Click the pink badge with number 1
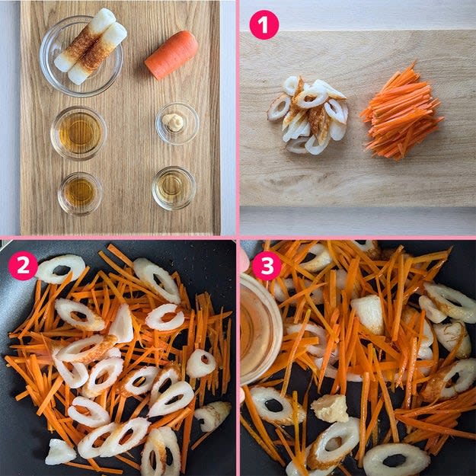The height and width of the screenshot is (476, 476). tap(264, 25)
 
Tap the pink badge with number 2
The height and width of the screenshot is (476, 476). tap(23, 265)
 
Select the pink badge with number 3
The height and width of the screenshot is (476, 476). tap(267, 266)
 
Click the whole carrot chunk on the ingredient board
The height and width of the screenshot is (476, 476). tap(171, 55)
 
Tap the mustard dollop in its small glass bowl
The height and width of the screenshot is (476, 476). tap(173, 122)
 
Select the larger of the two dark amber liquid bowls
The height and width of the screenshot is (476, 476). tap(78, 133)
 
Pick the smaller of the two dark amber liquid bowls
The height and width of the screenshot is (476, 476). tap(80, 193)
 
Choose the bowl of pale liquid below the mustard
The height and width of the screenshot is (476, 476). tap(174, 188)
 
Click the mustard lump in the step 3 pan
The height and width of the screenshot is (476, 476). tap(331, 409)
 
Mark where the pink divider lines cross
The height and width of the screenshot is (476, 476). tap(238, 238)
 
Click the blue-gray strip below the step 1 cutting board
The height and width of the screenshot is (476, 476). tap(358, 221)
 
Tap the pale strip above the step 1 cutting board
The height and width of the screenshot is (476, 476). tap(358, 15)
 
